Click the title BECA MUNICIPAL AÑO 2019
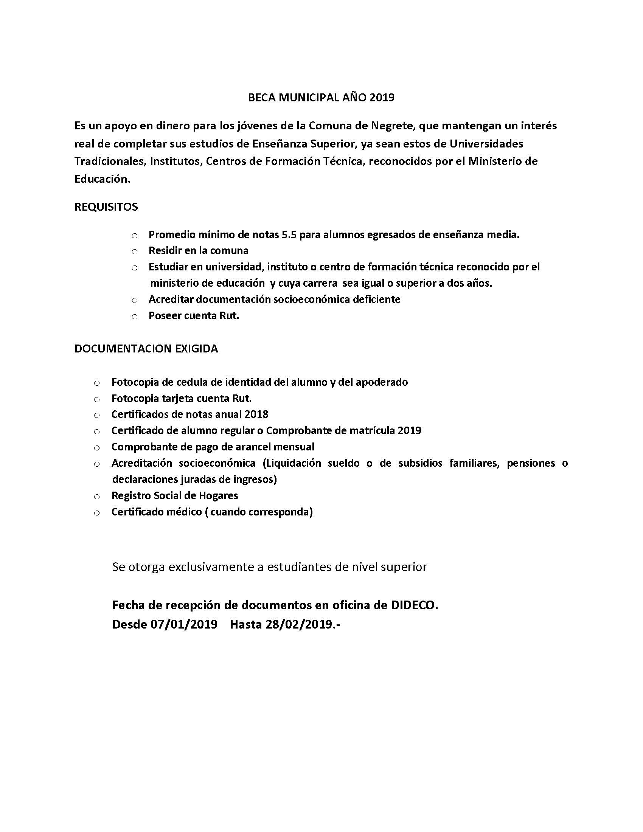(321, 98)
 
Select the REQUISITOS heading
(106, 207)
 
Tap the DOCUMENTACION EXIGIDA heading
(146, 349)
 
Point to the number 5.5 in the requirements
(289, 235)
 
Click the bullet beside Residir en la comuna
(135, 251)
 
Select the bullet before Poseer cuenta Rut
(135, 317)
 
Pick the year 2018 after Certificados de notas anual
(256, 414)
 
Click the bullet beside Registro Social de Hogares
(97, 497)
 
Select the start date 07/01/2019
(184, 624)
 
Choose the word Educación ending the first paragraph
(102, 179)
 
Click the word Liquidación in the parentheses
(294, 463)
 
